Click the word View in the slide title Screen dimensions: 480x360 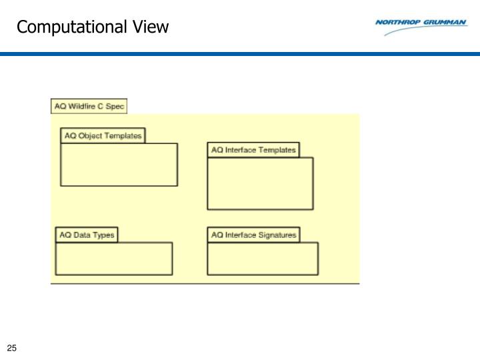(x=149, y=27)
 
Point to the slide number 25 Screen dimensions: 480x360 (x=11, y=348)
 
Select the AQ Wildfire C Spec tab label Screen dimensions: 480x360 (x=89, y=107)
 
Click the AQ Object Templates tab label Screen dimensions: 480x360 (x=103, y=136)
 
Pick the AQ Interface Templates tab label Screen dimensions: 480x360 (x=253, y=150)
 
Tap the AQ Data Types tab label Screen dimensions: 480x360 (x=87, y=235)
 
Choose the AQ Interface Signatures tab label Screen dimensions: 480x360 (x=253, y=235)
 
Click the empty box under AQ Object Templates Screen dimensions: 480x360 (x=119, y=164)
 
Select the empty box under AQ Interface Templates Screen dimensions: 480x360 (x=260, y=183)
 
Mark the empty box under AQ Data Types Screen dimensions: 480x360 (x=113, y=258)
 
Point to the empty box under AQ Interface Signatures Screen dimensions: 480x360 (x=262, y=258)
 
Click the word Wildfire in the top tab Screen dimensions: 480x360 (x=85, y=107)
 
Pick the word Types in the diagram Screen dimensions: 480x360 (x=103, y=235)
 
